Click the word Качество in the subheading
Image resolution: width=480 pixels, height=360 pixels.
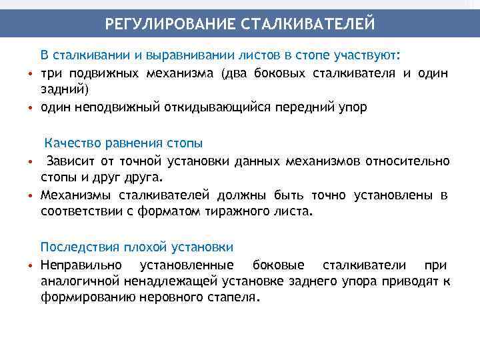(70, 143)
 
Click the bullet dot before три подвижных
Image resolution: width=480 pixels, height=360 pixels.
(31, 73)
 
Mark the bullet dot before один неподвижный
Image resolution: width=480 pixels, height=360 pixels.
(31, 107)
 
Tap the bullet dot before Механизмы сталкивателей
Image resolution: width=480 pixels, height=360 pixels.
(31, 195)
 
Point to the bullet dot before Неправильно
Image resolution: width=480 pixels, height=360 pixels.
(31, 265)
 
